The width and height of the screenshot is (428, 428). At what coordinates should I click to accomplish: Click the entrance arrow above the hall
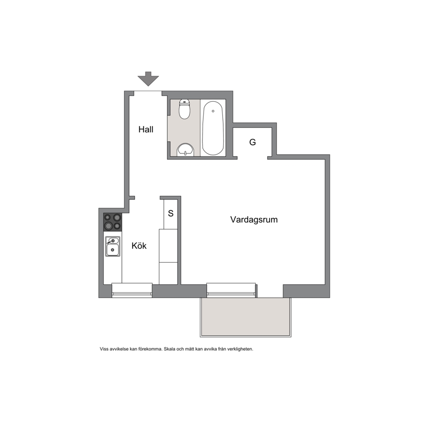pyautogui.click(x=148, y=79)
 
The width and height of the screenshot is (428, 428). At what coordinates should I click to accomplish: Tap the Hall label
pyautogui.click(x=146, y=129)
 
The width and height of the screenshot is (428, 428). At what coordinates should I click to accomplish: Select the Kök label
pyautogui.click(x=139, y=245)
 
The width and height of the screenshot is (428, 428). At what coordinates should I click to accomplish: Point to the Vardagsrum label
pyautogui.click(x=254, y=220)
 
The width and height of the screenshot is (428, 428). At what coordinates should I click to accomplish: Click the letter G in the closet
pyautogui.click(x=252, y=142)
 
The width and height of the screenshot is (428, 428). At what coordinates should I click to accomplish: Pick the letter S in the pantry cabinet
pyautogui.click(x=170, y=213)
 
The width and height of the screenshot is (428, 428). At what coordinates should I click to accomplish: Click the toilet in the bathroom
pyautogui.click(x=185, y=109)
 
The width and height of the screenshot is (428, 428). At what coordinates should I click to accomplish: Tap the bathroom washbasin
pyautogui.click(x=186, y=150)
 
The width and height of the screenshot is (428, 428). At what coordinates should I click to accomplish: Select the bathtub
pyautogui.click(x=213, y=128)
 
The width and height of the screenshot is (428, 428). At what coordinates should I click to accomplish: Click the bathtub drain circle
pyautogui.click(x=213, y=111)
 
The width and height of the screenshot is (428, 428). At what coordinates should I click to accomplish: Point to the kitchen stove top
pyautogui.click(x=113, y=222)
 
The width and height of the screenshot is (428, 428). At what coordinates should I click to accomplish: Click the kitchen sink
pyautogui.click(x=113, y=246)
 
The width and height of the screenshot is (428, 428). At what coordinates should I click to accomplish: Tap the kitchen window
pyautogui.click(x=132, y=290)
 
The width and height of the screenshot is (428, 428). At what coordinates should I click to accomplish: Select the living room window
pyautogui.click(x=231, y=290)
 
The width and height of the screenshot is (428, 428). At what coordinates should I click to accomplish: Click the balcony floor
pyautogui.click(x=245, y=317)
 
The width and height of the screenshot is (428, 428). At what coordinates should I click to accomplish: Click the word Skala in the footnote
pyautogui.click(x=170, y=349)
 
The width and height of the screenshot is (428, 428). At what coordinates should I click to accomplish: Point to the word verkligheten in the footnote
pyautogui.click(x=241, y=349)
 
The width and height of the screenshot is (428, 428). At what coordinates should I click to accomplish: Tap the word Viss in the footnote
pyautogui.click(x=104, y=349)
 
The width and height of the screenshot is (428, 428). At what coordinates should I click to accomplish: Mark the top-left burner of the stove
pyautogui.click(x=107, y=217)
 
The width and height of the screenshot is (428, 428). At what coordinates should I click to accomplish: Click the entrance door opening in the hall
pyautogui.click(x=148, y=93)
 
